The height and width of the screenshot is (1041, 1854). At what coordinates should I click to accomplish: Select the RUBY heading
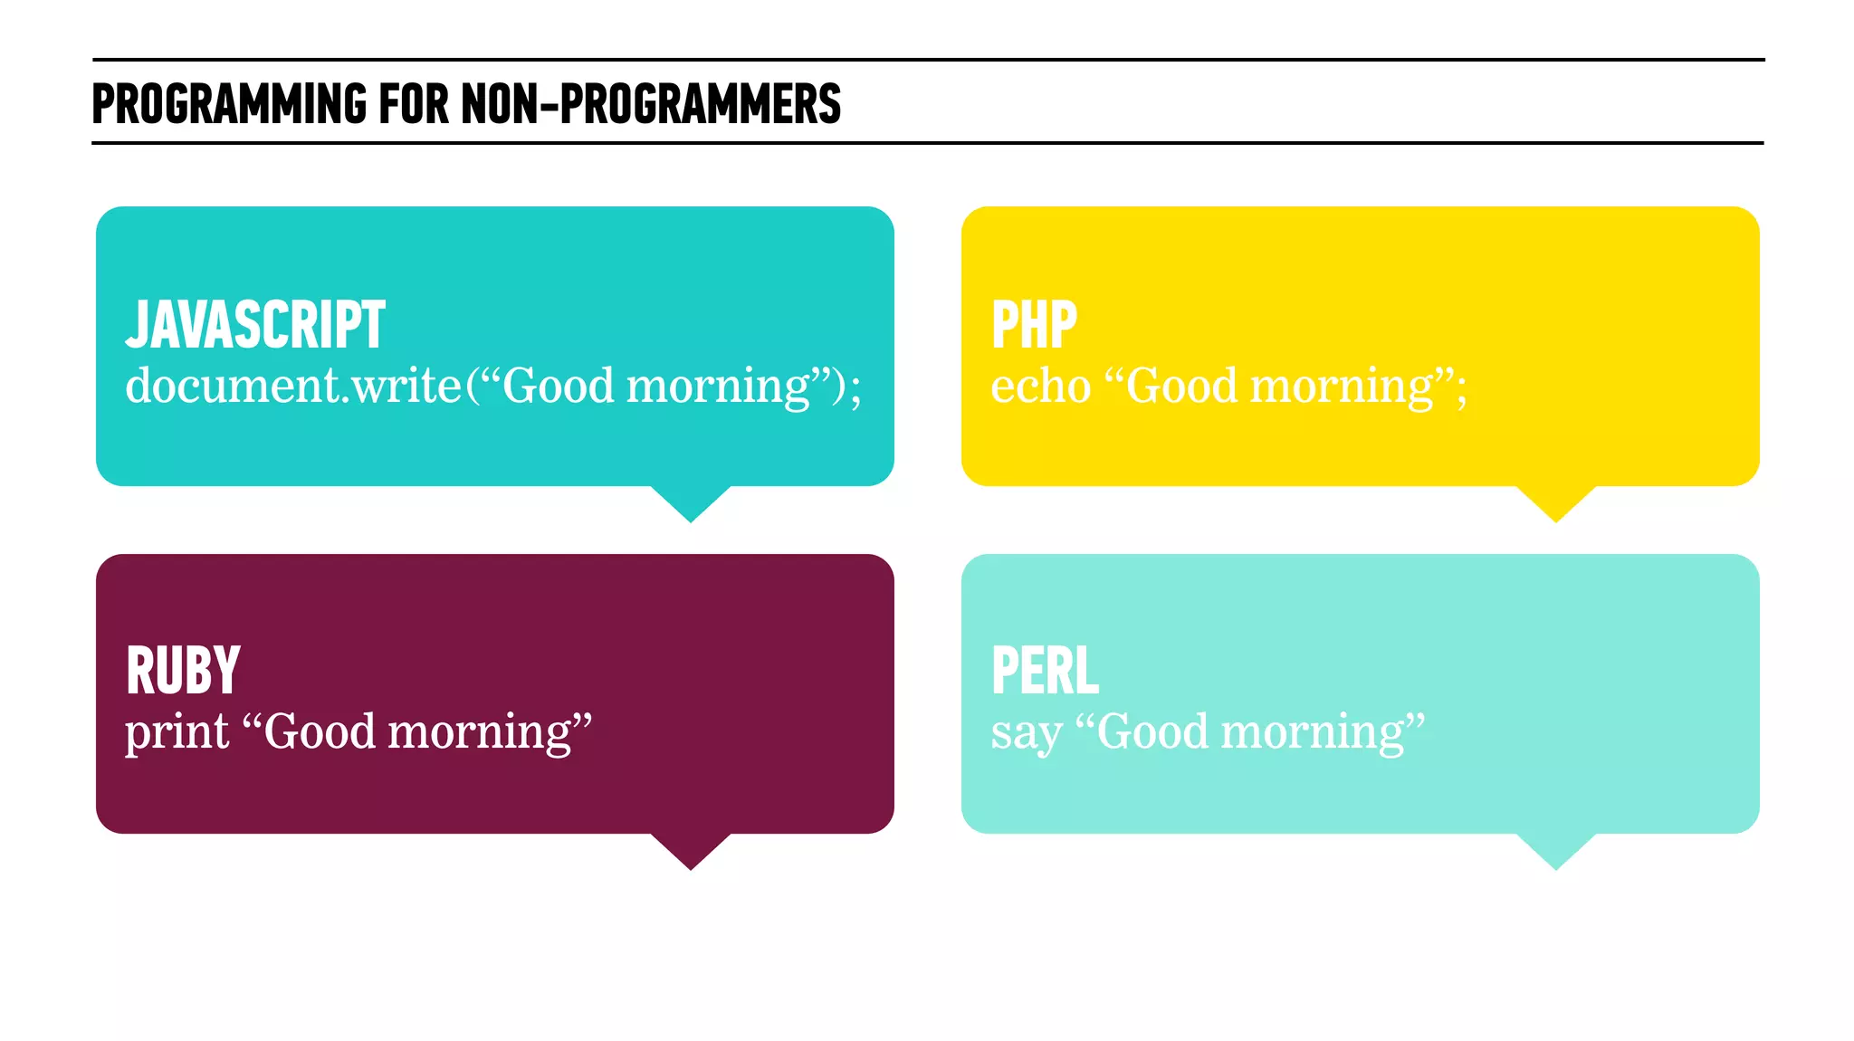pos(183,671)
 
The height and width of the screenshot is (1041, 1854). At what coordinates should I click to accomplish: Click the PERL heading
pos(1045,671)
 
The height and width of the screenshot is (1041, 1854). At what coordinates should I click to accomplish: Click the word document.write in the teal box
pos(293,386)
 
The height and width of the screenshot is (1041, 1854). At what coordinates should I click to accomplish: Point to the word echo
pos(1040,387)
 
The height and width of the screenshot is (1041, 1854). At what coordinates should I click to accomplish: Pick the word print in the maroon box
pos(177,731)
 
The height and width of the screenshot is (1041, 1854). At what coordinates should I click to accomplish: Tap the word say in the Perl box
pos(1026,733)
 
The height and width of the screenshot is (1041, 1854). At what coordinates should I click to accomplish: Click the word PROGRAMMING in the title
pos(230,103)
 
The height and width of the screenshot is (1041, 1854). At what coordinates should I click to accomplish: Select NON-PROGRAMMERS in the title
pos(651,103)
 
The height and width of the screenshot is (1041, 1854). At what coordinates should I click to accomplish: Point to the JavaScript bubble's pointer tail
pos(691,502)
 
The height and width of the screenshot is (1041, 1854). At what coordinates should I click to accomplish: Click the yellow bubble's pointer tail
pos(1556,502)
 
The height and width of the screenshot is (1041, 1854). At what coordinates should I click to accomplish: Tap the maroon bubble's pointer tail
pos(691,850)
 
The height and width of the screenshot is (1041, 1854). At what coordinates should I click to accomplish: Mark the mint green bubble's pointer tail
pos(1556,850)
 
